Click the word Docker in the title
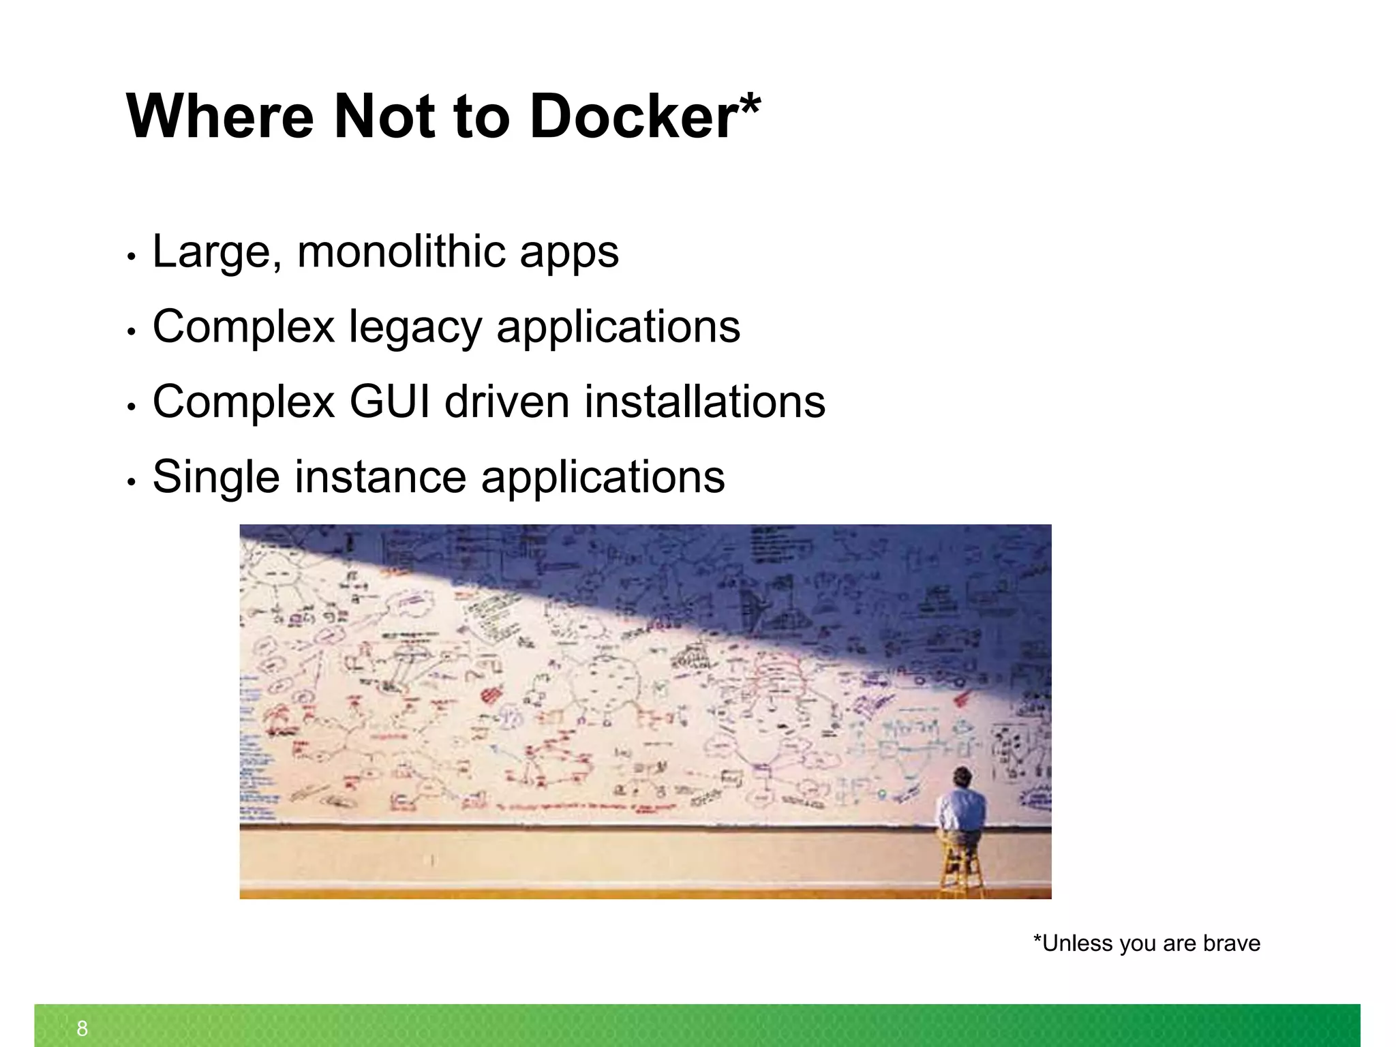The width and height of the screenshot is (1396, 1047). pos(632,117)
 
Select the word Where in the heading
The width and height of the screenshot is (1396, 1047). pos(219,117)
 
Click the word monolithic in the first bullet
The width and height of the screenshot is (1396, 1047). pos(402,252)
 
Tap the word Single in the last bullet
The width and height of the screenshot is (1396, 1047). pos(216,478)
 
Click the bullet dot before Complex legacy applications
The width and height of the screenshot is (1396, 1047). pos(132,332)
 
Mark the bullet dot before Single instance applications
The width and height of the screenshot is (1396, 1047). pos(132,482)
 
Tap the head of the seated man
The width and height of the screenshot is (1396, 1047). pos(962,777)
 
